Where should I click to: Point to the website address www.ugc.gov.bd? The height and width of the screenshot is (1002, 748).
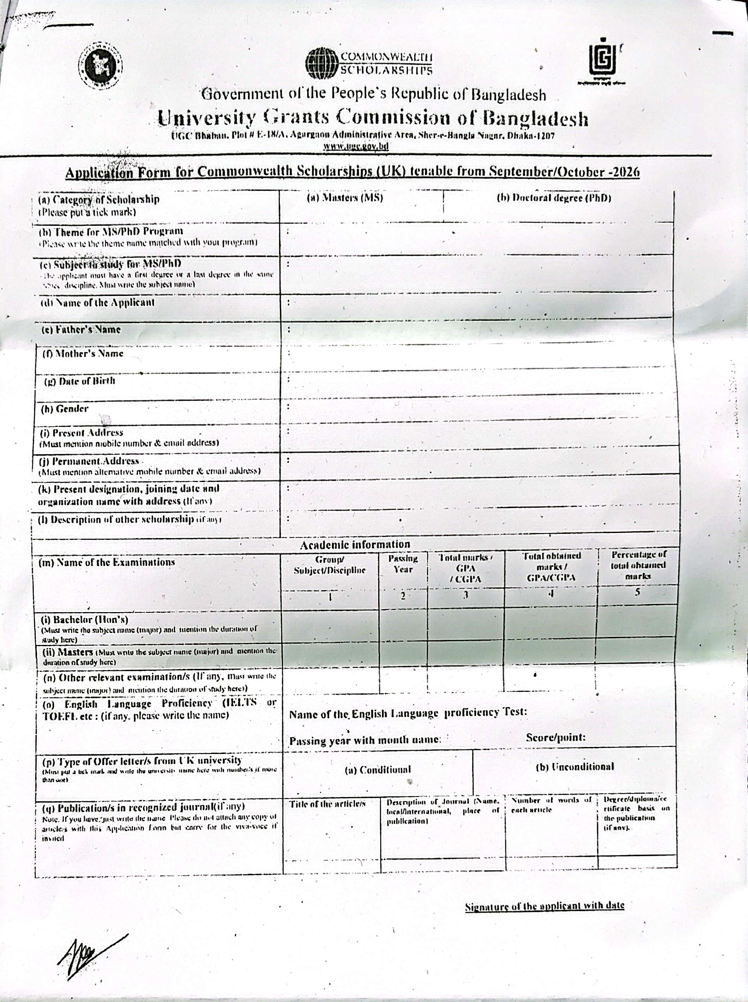[356, 146]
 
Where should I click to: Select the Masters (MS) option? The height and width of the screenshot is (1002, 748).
[345, 198]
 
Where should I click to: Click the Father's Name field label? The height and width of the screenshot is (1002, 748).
[82, 330]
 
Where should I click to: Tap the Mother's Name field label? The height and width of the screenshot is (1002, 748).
[83, 354]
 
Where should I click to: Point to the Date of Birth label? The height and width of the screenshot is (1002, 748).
[79, 381]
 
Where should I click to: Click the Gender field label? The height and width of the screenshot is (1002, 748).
[65, 409]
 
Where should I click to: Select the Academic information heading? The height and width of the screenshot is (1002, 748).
[355, 544]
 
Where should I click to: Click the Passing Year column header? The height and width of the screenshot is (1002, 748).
[403, 564]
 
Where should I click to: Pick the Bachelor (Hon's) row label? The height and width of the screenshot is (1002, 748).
[86, 620]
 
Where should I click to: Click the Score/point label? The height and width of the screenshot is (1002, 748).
[556, 737]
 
